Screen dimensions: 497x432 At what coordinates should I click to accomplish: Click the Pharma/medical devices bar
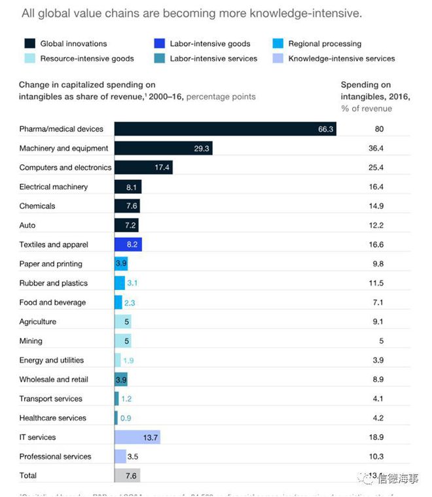226,129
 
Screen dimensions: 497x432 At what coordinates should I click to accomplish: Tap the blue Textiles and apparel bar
128,244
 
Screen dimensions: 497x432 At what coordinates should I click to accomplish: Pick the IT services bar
137,437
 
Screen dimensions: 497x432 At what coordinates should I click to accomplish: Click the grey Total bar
127,475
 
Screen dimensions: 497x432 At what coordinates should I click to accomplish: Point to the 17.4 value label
163,168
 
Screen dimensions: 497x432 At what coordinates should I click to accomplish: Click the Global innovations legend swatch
29,44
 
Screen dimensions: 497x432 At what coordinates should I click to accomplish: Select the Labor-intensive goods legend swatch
159,44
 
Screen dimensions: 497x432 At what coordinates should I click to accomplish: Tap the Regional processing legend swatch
278,44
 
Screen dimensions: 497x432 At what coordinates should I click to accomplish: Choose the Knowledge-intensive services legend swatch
278,58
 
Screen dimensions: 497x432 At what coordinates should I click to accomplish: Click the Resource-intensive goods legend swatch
29,58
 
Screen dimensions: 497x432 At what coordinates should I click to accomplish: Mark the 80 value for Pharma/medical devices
379,129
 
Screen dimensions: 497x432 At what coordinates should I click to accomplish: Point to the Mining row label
31,341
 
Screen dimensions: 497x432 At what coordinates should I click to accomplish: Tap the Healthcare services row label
51,418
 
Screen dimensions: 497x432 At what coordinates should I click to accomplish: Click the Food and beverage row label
52,303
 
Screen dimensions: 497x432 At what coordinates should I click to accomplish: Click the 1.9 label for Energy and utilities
128,360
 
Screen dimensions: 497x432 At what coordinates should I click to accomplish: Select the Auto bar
126,225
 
